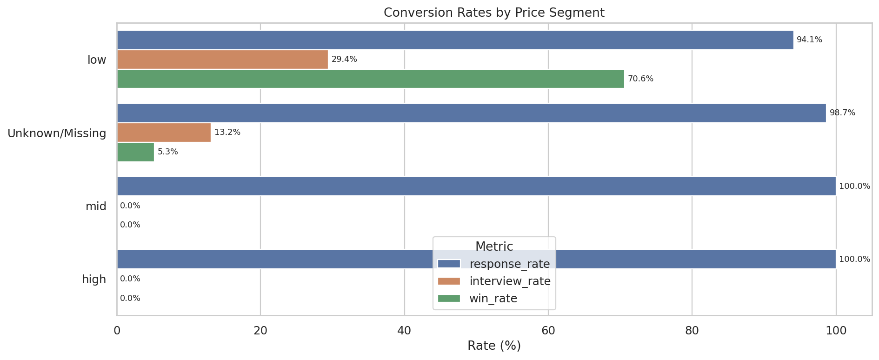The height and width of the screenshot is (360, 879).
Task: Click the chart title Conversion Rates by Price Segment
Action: click(x=494, y=13)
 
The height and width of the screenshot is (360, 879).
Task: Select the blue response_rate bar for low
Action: click(x=455, y=40)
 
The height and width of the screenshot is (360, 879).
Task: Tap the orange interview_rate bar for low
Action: click(x=222, y=60)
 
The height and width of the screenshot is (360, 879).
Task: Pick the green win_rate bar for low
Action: click(x=370, y=79)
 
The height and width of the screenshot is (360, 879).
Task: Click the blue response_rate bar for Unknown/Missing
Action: click(x=471, y=113)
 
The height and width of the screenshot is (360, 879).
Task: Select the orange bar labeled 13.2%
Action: click(x=164, y=133)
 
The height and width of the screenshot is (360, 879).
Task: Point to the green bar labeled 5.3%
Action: click(x=135, y=152)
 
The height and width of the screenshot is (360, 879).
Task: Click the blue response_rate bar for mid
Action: click(x=476, y=186)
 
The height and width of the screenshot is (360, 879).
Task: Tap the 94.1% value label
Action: click(x=809, y=40)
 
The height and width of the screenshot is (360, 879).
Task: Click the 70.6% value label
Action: click(x=640, y=79)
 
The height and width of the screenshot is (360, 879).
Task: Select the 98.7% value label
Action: click(x=842, y=113)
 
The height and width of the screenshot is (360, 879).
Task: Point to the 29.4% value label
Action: click(x=344, y=60)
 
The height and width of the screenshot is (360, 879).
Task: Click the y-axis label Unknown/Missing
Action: click(x=57, y=133)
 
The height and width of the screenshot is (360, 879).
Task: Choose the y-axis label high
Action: click(x=94, y=280)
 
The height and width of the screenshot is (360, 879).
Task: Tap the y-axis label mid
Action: click(x=96, y=207)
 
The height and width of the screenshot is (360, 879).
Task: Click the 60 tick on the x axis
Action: click(x=548, y=331)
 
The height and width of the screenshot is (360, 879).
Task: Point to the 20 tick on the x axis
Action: click(x=260, y=331)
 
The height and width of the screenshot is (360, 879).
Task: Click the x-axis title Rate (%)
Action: click(x=494, y=346)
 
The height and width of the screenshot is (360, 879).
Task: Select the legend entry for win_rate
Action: click(x=493, y=299)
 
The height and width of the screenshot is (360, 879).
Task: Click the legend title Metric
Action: click(x=494, y=247)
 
